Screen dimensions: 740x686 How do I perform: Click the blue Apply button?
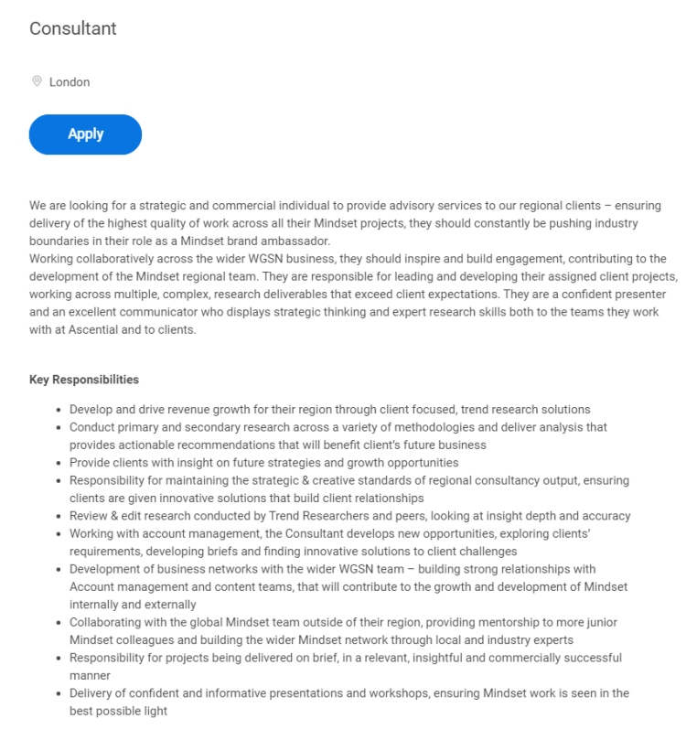pos(85,134)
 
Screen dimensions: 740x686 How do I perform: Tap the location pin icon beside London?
pos(37,81)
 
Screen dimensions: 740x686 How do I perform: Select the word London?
pos(70,82)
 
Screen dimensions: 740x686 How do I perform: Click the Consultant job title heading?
pos(73,28)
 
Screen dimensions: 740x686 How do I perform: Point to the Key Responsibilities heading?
pos(84,380)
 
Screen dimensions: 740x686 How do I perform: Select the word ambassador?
pos(295,241)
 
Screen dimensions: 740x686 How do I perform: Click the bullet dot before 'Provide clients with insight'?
pos(59,463)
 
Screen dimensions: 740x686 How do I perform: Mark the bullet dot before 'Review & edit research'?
pos(59,516)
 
